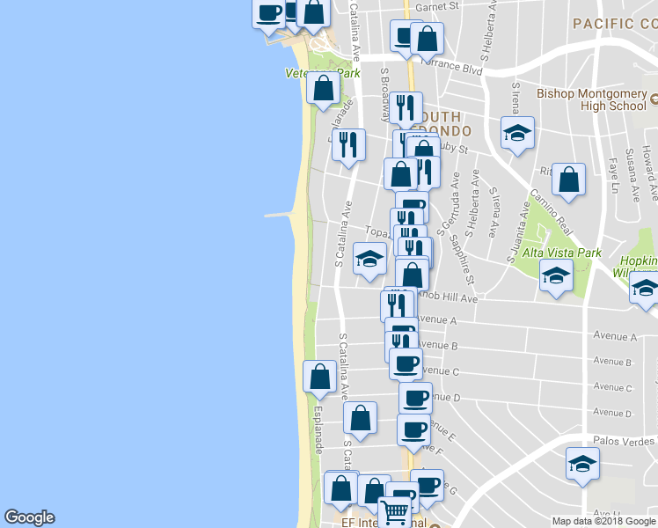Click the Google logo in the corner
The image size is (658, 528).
click(29, 517)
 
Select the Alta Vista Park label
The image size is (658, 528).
click(562, 253)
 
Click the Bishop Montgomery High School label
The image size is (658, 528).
click(592, 99)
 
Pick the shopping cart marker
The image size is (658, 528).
click(396, 510)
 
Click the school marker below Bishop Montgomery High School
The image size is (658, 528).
click(517, 134)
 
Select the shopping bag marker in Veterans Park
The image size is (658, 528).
click(324, 87)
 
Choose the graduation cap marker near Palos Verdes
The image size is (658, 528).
click(582, 463)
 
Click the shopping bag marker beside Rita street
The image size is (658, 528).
click(569, 179)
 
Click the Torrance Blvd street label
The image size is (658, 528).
click(454, 64)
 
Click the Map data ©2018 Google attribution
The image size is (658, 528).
click(603, 521)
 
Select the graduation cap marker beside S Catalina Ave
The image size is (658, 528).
click(369, 258)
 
